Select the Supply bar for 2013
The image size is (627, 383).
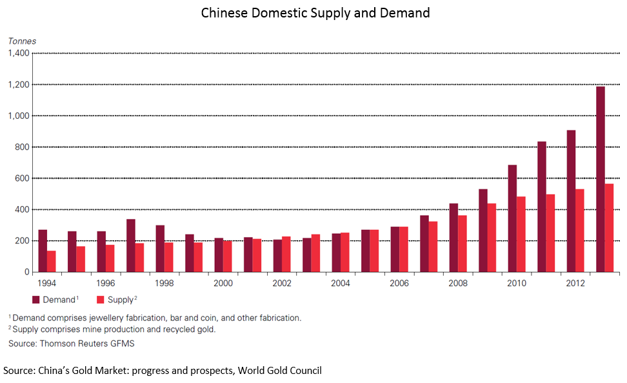click(x=609, y=227)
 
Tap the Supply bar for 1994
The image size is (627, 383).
click(x=51, y=261)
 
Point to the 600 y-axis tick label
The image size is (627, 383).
click(x=22, y=178)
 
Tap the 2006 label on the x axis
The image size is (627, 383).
click(x=399, y=284)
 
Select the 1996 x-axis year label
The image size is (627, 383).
click(x=106, y=284)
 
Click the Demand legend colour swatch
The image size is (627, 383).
click(x=36, y=300)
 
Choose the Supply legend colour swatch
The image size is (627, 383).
click(x=100, y=300)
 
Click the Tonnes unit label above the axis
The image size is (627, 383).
click(x=22, y=41)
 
